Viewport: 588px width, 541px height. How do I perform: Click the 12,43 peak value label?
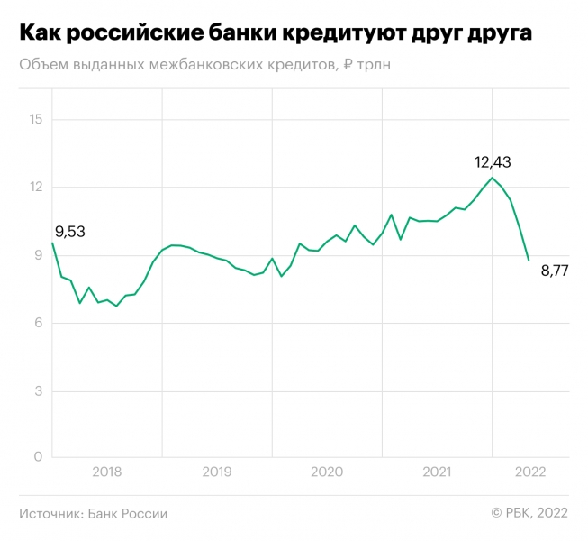click(x=493, y=162)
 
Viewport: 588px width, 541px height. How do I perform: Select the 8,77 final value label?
click(x=554, y=271)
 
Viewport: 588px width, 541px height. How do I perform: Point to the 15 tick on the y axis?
click(x=35, y=119)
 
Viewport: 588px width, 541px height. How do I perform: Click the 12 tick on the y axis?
click(x=35, y=187)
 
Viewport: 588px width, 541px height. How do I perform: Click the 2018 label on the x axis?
click(x=106, y=472)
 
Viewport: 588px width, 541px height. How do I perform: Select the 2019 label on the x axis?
click(x=216, y=472)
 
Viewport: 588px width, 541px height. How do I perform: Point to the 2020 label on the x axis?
click(x=327, y=472)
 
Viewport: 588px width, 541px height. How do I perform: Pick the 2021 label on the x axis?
click(x=437, y=472)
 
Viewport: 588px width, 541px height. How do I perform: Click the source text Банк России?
click(x=128, y=513)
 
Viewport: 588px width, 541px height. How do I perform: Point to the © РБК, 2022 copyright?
click(x=529, y=513)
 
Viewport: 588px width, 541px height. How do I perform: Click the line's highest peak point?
click(x=493, y=178)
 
